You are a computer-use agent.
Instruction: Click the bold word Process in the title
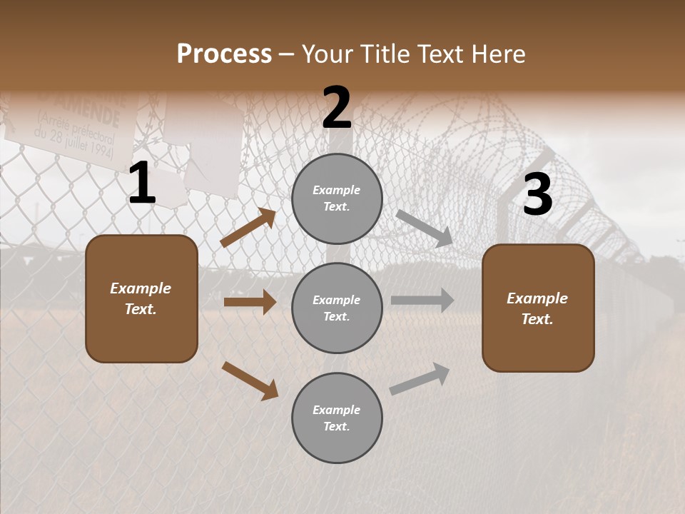coord(224,54)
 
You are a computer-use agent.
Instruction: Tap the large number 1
coord(142,183)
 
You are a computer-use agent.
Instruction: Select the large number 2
coord(337,108)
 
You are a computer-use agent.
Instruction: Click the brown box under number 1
coord(141,298)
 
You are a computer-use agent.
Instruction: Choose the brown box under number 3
coord(538,308)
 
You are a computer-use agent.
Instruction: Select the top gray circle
coord(337,198)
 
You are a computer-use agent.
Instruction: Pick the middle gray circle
coord(337,308)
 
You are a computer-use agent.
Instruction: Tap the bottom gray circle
coord(337,418)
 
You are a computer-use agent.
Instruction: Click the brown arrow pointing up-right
coord(248,228)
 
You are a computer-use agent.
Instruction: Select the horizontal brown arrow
coord(250,302)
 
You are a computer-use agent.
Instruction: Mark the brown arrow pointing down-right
coord(250,381)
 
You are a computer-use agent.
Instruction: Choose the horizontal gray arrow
coord(422,301)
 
